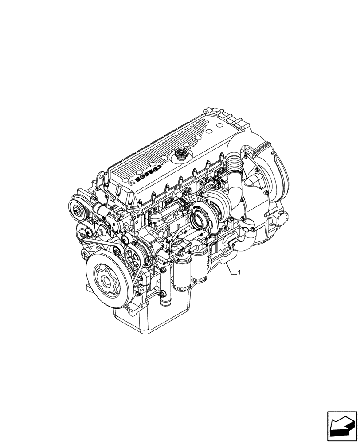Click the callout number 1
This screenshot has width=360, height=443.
[x=239, y=273]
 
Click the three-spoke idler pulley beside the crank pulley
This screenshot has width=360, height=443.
[x=132, y=256]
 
